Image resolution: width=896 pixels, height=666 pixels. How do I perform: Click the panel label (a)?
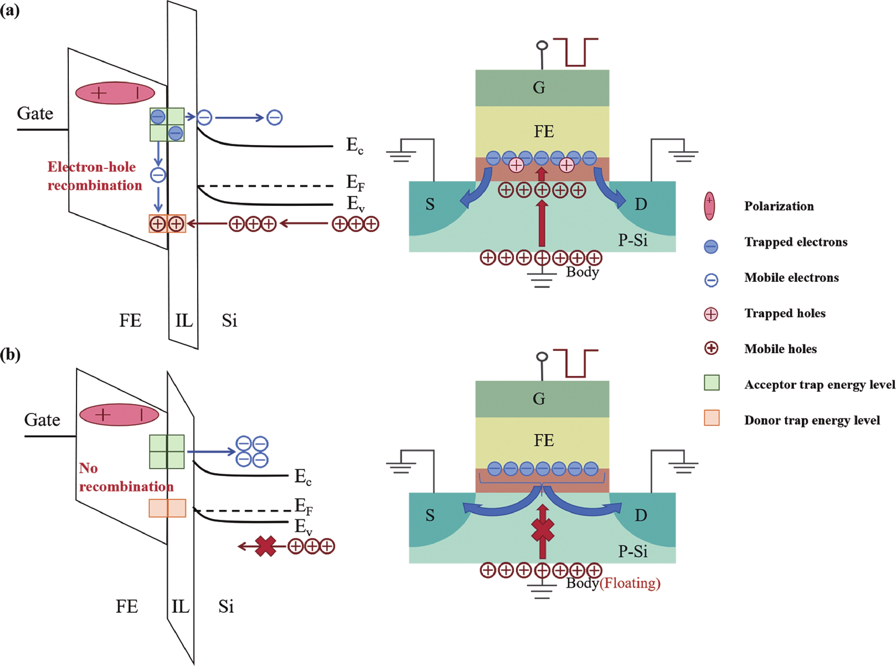pyautogui.click(x=10, y=11)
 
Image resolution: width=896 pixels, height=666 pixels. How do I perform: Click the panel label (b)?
pyautogui.click(x=10, y=355)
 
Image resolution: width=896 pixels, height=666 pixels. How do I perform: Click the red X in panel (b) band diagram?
pyautogui.click(x=266, y=546)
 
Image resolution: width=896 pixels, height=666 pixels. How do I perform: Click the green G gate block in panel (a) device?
pyautogui.click(x=542, y=88)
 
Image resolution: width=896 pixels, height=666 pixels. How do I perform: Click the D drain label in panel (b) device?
pyautogui.click(x=641, y=515)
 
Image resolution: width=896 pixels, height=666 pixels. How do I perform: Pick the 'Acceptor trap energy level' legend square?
pyautogui.click(x=711, y=382)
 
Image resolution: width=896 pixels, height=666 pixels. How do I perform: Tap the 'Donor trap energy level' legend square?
pyautogui.click(x=711, y=418)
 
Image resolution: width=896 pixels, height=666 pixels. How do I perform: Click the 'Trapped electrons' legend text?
pyautogui.click(x=796, y=242)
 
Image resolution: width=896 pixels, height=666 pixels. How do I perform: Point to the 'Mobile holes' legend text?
pyautogui.click(x=780, y=349)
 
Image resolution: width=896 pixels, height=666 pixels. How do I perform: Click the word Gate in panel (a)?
pyautogui.click(x=35, y=114)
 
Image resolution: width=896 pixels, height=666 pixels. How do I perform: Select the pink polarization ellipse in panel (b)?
pyautogui.click(x=119, y=414)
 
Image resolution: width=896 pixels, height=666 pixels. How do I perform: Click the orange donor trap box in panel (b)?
pyautogui.click(x=167, y=508)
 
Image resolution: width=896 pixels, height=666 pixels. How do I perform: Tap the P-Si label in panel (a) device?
pyautogui.click(x=633, y=240)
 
